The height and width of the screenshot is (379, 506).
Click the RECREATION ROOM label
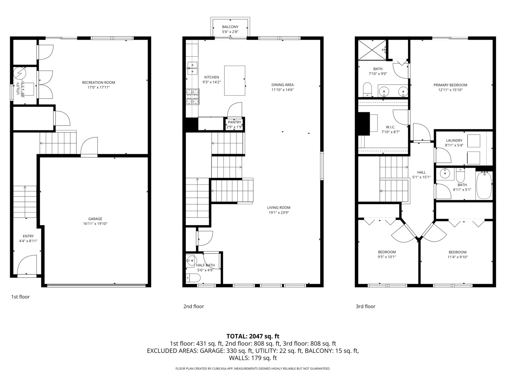click(98, 82)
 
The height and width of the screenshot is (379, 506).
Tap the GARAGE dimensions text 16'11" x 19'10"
click(95, 224)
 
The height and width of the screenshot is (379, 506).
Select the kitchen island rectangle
click(235, 81)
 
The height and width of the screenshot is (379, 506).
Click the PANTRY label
click(234, 122)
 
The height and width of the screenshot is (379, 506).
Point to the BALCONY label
click(230, 27)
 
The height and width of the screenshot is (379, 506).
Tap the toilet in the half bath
click(193, 278)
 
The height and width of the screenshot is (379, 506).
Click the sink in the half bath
click(191, 260)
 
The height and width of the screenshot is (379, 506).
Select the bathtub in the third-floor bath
click(484, 185)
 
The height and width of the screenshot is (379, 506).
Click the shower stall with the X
click(372, 50)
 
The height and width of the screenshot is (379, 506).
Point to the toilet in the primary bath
click(368, 90)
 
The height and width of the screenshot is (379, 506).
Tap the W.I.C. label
click(390, 127)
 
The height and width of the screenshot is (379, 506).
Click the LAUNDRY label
click(454, 140)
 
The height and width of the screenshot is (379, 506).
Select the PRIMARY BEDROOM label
click(450, 85)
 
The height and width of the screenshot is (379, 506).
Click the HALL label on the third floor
click(421, 172)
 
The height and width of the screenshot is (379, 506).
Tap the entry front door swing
click(27, 265)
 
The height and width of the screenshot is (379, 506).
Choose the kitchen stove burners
click(193, 97)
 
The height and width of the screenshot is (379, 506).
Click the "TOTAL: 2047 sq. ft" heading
click(253, 337)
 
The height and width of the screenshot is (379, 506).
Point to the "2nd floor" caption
click(194, 306)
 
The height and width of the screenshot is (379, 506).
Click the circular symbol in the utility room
click(20, 73)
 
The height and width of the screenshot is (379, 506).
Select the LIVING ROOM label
click(279, 207)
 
